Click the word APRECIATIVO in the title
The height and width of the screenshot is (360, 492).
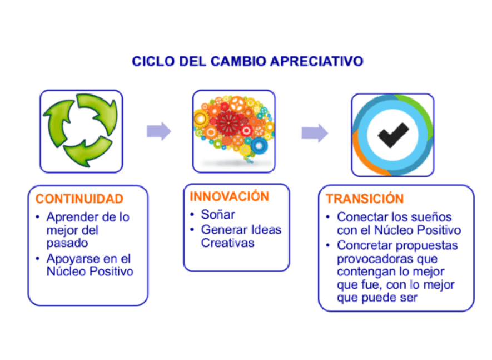(316, 61)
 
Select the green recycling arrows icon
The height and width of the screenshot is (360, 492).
(81, 131)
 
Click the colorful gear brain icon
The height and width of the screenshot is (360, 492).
(233, 129)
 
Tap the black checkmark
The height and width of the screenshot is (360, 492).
(393, 135)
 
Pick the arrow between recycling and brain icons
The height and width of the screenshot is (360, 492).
(159, 131)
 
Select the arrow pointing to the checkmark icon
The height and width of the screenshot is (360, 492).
(315, 133)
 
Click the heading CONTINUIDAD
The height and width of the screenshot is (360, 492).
(79, 199)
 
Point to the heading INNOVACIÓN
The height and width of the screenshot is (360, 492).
(230, 196)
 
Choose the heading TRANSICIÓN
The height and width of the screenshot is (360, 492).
(365, 199)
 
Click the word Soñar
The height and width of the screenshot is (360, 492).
(218, 215)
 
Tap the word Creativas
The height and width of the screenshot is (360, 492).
(227, 243)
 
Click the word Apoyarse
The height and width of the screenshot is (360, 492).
(73, 259)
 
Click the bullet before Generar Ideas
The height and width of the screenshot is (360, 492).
(192, 230)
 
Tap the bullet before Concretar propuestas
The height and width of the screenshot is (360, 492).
(328, 245)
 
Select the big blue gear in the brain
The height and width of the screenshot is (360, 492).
(259, 146)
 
